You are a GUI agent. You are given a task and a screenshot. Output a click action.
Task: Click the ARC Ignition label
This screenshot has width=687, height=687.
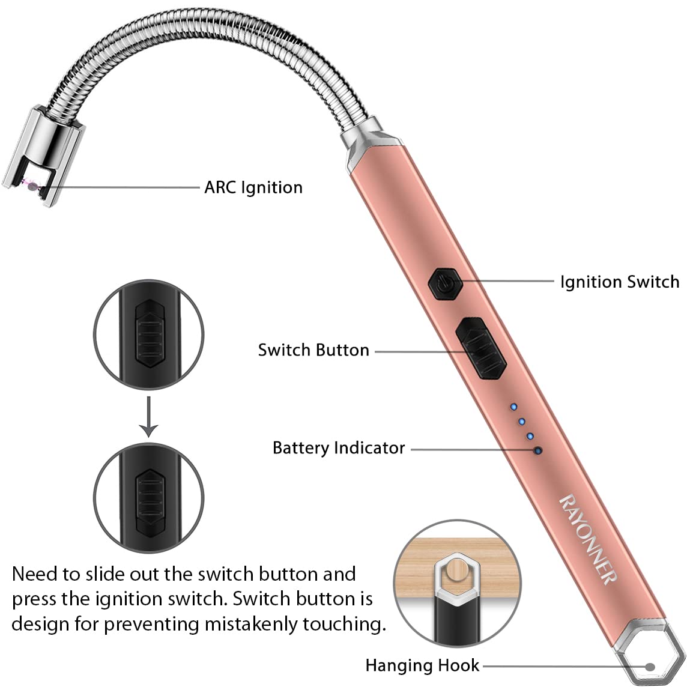tap(253, 187)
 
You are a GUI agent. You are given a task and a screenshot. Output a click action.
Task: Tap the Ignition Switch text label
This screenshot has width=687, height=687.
tap(619, 282)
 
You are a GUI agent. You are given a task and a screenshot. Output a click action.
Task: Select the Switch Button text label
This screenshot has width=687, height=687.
tap(313, 350)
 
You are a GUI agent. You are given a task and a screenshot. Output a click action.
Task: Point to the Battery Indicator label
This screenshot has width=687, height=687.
tap(339, 448)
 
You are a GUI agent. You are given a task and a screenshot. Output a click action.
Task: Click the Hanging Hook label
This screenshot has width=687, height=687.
tap(422, 665)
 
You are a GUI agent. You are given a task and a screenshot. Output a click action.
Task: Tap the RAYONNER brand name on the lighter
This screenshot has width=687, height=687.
tap(588, 538)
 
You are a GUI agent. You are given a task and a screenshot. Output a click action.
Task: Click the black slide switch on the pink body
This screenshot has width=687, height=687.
tap(480, 349)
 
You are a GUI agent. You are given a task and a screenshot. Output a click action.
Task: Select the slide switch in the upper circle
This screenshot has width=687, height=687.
tap(148, 334)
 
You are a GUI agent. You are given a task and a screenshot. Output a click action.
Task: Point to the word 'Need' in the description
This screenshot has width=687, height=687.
tap(37, 574)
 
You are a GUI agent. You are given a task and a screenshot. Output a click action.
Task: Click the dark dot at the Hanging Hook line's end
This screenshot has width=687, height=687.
tap(649, 666)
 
